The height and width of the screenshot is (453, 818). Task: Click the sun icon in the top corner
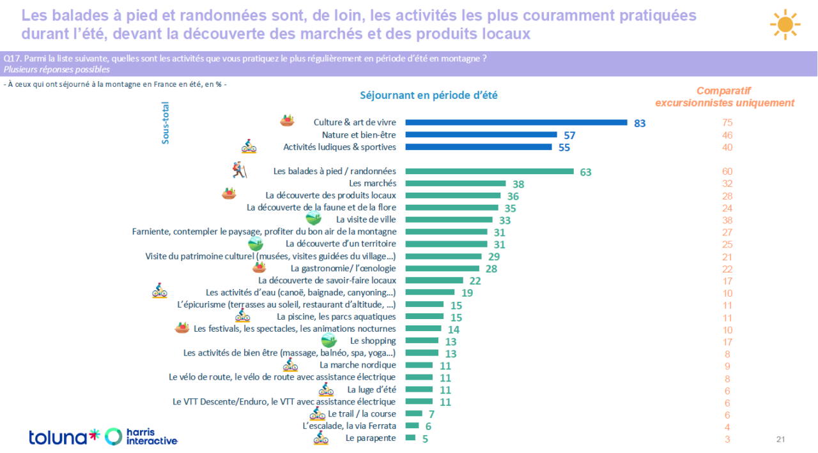tap(785, 24)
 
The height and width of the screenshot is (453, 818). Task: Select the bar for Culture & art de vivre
tap(516, 123)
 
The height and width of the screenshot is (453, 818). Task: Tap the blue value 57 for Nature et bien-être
tap(569, 135)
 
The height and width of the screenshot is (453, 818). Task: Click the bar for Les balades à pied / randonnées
tap(490, 172)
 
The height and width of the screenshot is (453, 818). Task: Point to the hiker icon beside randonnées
tap(240, 170)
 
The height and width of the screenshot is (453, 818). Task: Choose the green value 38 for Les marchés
tap(518, 184)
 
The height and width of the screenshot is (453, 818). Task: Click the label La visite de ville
tap(366, 219)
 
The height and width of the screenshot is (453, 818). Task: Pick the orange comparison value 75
tap(727, 123)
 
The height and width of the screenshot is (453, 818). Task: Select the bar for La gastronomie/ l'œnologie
tap(442, 269)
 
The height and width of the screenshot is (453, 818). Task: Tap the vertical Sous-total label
tap(166, 123)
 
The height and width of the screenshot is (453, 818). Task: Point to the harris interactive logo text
tap(151, 436)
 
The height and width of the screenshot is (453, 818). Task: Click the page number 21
tap(780, 440)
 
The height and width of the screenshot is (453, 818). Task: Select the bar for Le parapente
tap(410, 438)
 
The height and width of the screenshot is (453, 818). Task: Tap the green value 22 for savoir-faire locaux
tap(475, 281)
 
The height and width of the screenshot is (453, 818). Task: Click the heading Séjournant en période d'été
tap(429, 96)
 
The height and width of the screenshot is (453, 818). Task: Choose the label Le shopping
tap(373, 341)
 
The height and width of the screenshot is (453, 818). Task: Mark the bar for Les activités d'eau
tap(430, 292)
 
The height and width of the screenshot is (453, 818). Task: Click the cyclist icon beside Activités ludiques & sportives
tap(249, 146)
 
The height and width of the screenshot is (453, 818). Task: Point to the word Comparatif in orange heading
tap(723, 91)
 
